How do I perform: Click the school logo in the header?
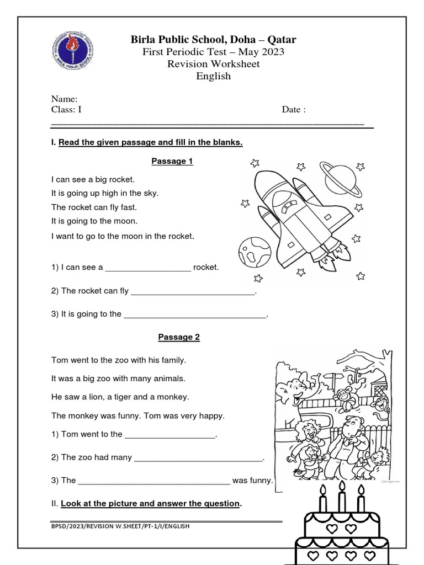pos(74,50)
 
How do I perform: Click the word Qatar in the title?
pos(282,39)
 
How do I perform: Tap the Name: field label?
pos(64,99)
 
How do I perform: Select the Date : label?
pos(294,109)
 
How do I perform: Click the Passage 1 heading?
pos(172,161)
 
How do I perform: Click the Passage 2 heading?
pos(179,337)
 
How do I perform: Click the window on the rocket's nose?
pos(288,207)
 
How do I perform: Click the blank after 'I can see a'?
pos(148,268)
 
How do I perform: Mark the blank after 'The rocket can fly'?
pos(193,291)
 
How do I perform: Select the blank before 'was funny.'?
pos(154,481)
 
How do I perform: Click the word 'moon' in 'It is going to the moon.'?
pos(127,221)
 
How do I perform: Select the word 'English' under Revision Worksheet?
pos(214,76)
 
